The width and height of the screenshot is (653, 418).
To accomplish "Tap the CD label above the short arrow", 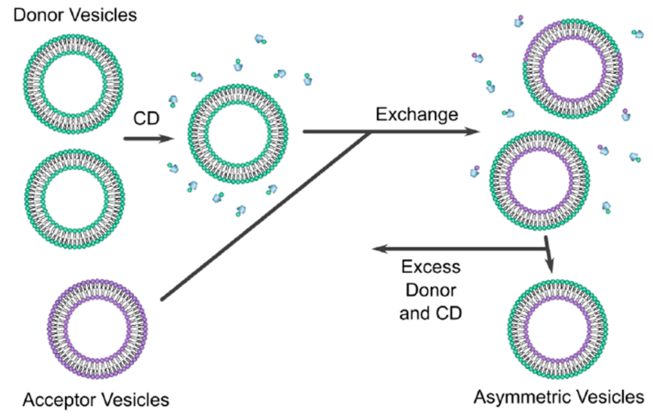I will (x=146, y=118).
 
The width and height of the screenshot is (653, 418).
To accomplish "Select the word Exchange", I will (x=416, y=115).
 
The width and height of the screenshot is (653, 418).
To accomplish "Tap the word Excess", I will (x=431, y=267).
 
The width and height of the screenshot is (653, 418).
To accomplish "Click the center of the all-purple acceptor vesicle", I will (x=97, y=329).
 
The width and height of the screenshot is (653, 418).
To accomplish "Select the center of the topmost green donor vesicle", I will (x=74, y=84).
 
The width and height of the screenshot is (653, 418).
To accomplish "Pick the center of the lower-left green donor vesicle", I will (x=75, y=199).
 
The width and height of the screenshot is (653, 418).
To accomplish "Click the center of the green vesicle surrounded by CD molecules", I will (x=238, y=134).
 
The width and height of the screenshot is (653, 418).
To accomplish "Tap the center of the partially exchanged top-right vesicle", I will (x=573, y=69).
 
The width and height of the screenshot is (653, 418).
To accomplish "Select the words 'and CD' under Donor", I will (x=431, y=313).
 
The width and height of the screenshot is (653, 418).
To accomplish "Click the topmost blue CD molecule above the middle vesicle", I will (x=260, y=38).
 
